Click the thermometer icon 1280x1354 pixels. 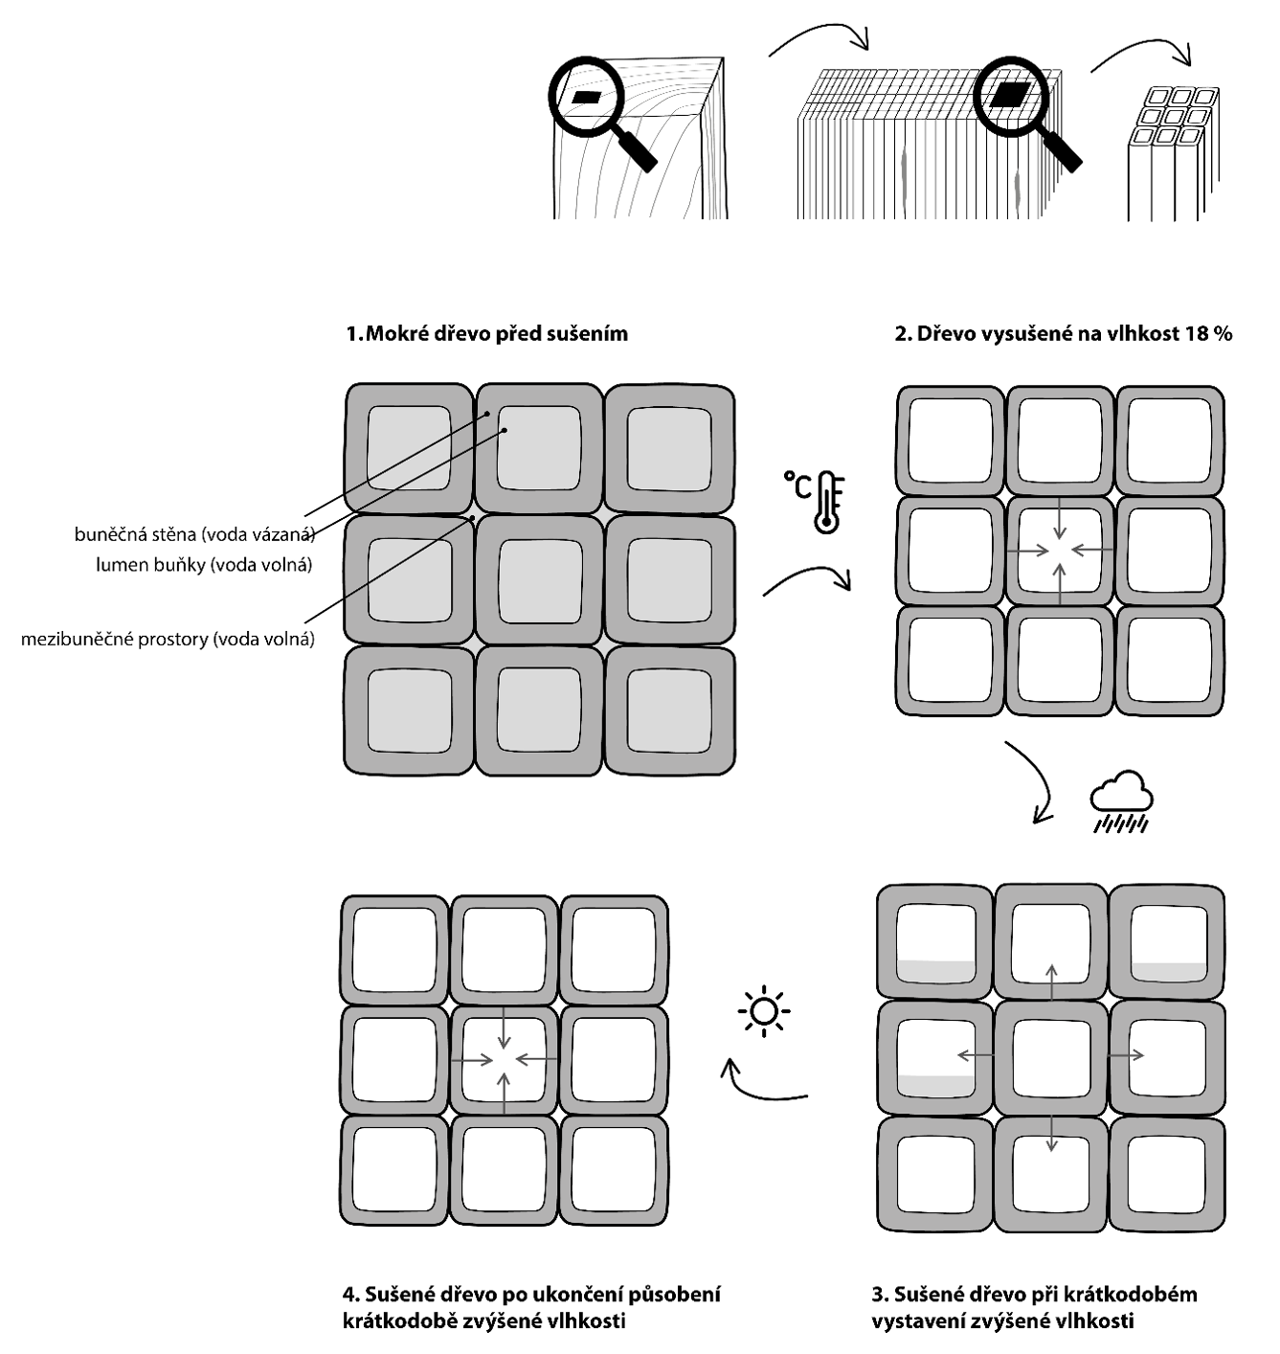click(x=826, y=501)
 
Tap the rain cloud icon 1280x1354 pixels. click(x=1121, y=801)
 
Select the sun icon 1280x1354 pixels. click(x=763, y=1011)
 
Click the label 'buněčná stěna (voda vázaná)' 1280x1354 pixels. click(x=194, y=534)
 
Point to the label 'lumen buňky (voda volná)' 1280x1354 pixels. click(x=204, y=565)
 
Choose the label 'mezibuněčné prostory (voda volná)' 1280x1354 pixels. click(x=168, y=639)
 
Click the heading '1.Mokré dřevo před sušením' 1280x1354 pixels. click(x=487, y=334)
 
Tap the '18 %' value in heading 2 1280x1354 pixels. click(x=1209, y=334)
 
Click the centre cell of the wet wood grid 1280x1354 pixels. click(x=540, y=578)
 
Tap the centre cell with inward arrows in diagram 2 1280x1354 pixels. click(x=1060, y=551)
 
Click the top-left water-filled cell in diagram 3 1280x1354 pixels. click(x=936, y=943)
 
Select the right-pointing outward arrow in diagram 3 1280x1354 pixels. click(x=1127, y=1055)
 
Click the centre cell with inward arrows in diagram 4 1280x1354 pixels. click(x=505, y=1060)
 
